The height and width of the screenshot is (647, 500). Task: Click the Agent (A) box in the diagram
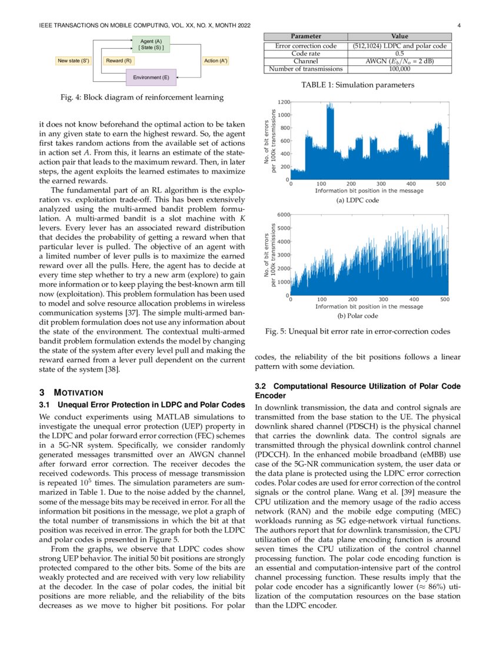[x=150, y=44]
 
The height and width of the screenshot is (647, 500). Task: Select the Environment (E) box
[x=151, y=77]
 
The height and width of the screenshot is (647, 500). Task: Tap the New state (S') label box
[x=74, y=61]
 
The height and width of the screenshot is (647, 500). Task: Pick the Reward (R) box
[x=119, y=61]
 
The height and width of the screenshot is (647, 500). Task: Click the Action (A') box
[x=215, y=61]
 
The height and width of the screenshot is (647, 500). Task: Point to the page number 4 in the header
[x=458, y=25]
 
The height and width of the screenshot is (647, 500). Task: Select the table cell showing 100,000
[x=399, y=69]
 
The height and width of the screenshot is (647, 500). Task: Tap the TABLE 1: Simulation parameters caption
[x=358, y=85]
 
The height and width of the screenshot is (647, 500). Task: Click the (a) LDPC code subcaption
[x=357, y=201]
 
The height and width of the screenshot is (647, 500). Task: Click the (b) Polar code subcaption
[x=357, y=316]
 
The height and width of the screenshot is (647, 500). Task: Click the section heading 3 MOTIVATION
[x=71, y=392]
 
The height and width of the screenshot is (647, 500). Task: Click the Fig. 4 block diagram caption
[x=142, y=97]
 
